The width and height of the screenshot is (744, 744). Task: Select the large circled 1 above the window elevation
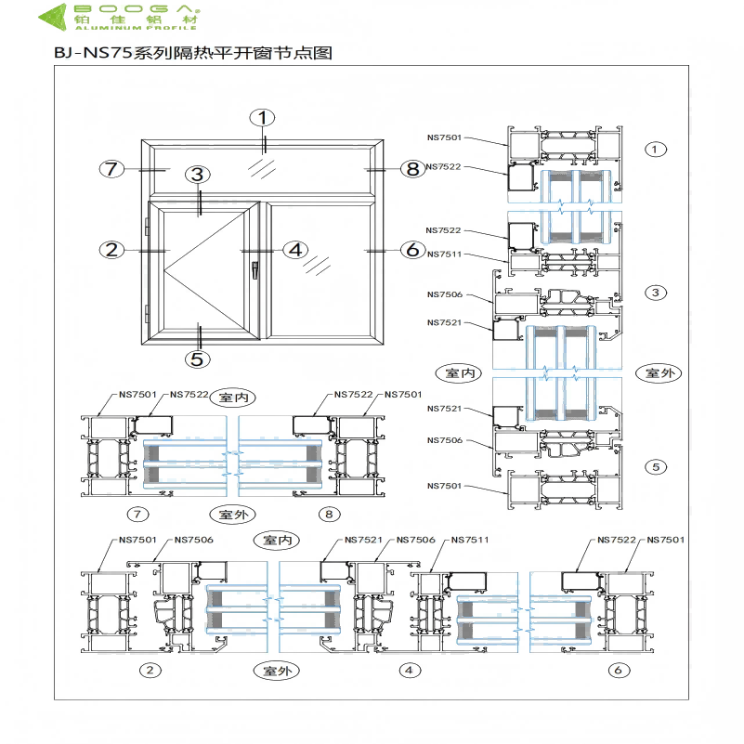[x=264, y=117]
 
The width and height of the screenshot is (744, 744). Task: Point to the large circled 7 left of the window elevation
[x=112, y=168]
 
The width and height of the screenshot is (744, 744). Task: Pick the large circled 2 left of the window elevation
[x=112, y=249]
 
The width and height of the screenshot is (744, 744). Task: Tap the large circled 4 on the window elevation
[x=295, y=249]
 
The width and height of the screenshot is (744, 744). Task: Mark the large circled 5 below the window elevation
[x=198, y=359]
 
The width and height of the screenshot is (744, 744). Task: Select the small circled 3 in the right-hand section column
[x=656, y=293]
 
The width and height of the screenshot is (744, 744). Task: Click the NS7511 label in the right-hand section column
[x=444, y=255]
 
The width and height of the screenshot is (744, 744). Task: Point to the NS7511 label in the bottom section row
[x=469, y=540]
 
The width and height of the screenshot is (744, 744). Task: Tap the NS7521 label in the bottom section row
[x=363, y=540]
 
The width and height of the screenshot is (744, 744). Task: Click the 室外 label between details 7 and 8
[x=230, y=513]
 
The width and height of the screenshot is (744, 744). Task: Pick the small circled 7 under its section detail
[x=137, y=513]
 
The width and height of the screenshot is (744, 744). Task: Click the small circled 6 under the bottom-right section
[x=615, y=670]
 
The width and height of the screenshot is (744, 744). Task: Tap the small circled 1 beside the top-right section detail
[x=656, y=149]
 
